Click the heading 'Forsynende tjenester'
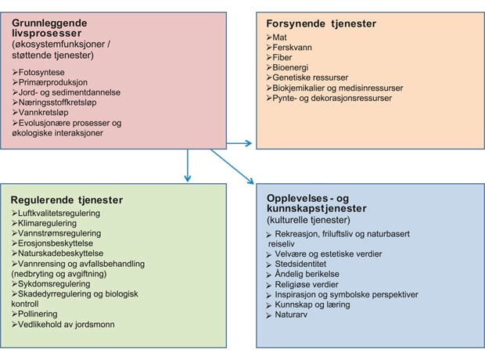tap(322, 23)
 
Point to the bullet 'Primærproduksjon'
tap(55, 82)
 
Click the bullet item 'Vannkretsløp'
tap(47, 113)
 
